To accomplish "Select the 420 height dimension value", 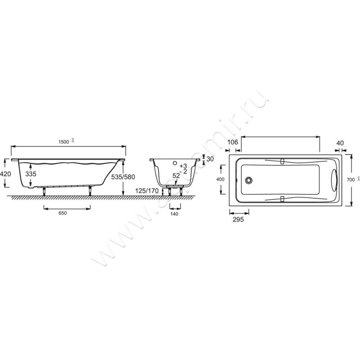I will (5, 174).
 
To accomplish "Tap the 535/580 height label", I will (123, 177).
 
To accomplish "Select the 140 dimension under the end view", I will (175, 214).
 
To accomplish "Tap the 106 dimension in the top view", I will (233, 143).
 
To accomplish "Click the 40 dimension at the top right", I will (340, 143).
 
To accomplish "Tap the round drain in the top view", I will (248, 180).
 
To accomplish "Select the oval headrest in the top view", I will (333, 180).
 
